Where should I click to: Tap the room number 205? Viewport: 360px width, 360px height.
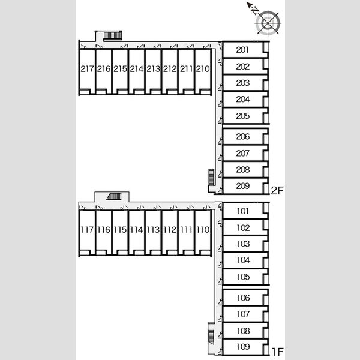pos(242,116)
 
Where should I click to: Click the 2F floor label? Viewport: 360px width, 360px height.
pos(277,191)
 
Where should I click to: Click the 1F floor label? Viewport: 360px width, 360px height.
pos(278,352)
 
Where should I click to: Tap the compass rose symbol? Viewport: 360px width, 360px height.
pos(268,23)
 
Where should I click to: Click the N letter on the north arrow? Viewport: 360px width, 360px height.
pos(254,10)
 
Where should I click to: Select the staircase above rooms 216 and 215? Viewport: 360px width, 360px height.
pos(112,36)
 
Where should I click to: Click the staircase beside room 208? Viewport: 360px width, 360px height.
pos(211,177)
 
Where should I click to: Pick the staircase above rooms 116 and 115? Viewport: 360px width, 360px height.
pos(114,196)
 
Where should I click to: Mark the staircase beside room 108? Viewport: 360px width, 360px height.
pos(211,337)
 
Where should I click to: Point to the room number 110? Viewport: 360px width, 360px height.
pos(203,230)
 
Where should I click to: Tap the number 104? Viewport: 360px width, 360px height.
pos(243,260)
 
